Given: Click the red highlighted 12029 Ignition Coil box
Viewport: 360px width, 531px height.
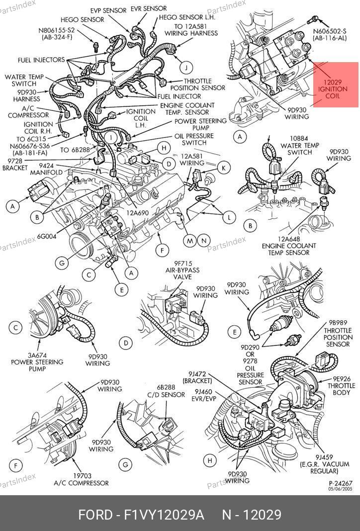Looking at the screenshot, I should (x=336, y=85).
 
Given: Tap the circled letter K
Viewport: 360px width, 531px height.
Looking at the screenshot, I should (x=224, y=168).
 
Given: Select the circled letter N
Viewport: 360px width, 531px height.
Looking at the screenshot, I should (x=203, y=241).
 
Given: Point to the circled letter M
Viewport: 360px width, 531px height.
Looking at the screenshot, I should (x=189, y=241).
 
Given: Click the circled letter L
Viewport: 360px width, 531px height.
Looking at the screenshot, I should (x=229, y=217).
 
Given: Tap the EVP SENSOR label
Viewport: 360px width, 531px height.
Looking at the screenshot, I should (x=108, y=10).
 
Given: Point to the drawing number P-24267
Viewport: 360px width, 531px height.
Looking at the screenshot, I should (x=340, y=483).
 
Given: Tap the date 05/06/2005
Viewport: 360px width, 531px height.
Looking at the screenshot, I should (x=340, y=489).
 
